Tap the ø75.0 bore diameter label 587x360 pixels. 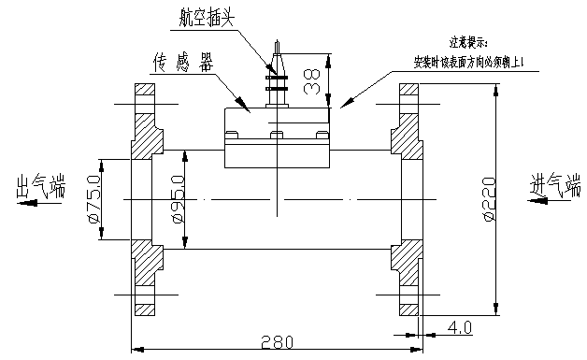click(x=93, y=201)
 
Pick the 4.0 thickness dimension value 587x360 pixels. click(x=458, y=327)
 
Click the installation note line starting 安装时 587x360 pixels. click(x=473, y=62)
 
